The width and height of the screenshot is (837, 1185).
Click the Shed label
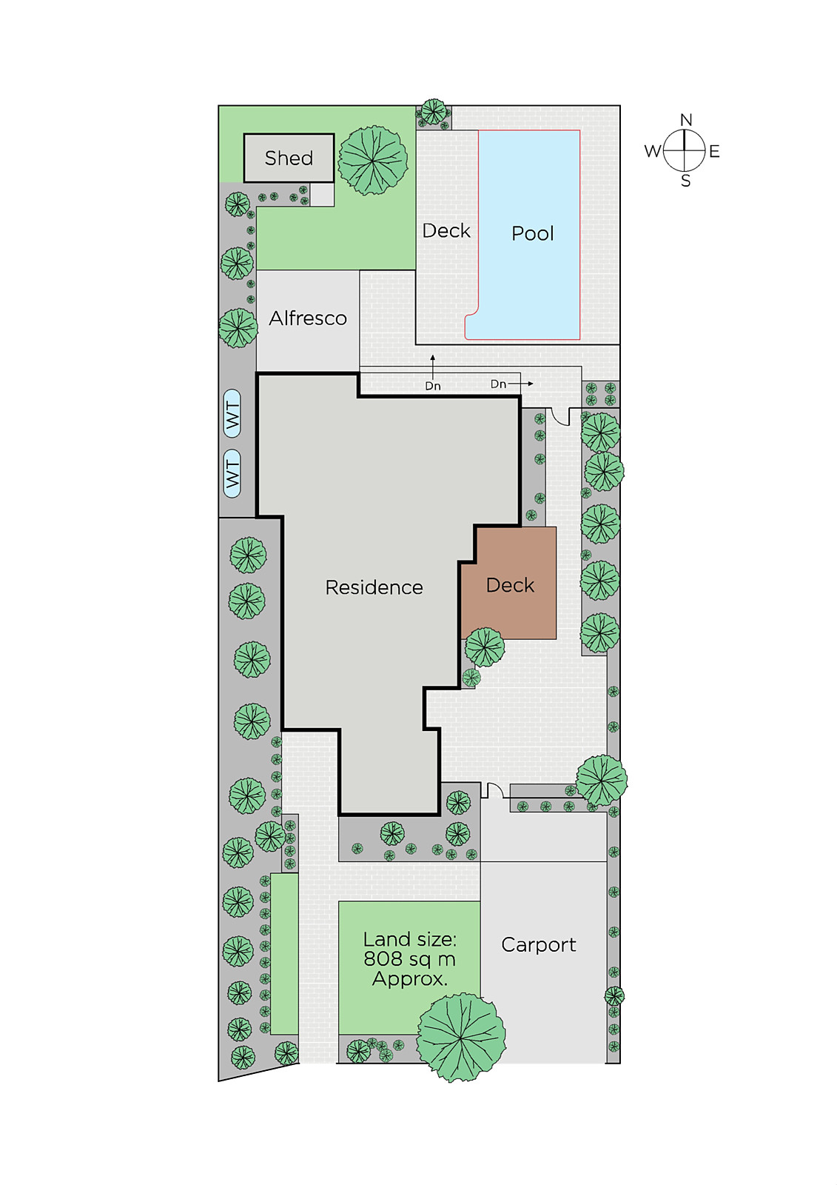pyautogui.click(x=289, y=158)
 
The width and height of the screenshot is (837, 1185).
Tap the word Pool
pyautogui.click(x=532, y=233)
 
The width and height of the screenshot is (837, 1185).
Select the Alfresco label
pyautogui.click(x=308, y=318)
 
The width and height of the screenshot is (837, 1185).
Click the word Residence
pyautogui.click(x=374, y=587)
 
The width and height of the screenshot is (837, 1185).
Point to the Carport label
pyautogui.click(x=539, y=944)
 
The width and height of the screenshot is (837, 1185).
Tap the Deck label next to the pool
pyautogui.click(x=446, y=230)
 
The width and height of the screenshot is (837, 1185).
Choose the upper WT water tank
pyautogui.click(x=232, y=414)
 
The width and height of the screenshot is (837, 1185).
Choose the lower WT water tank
pyautogui.click(x=232, y=473)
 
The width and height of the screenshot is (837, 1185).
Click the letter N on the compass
pyautogui.click(x=686, y=120)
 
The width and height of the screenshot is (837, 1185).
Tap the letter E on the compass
pyautogui.click(x=714, y=152)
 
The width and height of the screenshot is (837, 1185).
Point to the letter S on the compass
pyautogui.click(x=686, y=181)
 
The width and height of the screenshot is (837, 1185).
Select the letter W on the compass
pyautogui.click(x=653, y=151)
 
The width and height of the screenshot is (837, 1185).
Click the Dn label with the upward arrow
pyautogui.click(x=433, y=386)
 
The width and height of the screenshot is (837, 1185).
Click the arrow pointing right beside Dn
pyautogui.click(x=521, y=384)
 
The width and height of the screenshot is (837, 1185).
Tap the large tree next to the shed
pyautogui.click(x=373, y=160)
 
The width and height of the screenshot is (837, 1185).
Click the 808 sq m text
pyautogui.click(x=410, y=958)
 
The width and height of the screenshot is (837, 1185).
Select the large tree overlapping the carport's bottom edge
pyautogui.click(x=461, y=1038)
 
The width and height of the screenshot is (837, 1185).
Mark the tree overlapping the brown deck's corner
pyautogui.click(x=485, y=647)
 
